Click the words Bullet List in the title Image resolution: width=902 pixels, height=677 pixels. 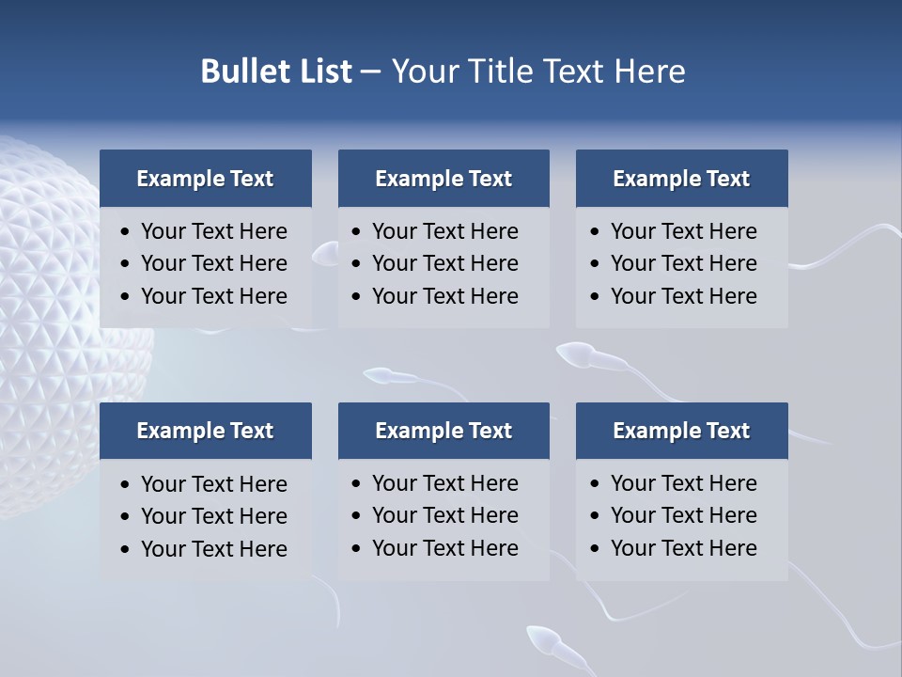(x=276, y=71)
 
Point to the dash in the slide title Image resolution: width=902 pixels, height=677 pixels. (x=370, y=71)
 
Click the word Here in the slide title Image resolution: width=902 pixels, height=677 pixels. (x=649, y=71)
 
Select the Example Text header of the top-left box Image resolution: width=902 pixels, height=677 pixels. (x=205, y=179)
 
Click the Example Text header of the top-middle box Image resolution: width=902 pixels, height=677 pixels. (x=443, y=179)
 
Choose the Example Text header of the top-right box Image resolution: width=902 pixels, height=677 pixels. (x=681, y=179)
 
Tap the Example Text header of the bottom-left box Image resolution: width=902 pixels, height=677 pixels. (x=205, y=431)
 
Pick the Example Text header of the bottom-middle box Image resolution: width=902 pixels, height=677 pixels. (x=443, y=431)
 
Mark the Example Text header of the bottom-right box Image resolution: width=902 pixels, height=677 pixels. (x=681, y=431)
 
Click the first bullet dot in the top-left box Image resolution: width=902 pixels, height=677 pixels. (x=125, y=232)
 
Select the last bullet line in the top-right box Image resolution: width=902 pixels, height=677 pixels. (x=683, y=296)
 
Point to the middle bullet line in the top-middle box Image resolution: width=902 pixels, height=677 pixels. (x=444, y=263)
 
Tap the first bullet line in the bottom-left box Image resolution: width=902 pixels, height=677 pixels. (x=213, y=484)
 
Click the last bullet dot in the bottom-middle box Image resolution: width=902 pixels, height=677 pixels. (x=356, y=548)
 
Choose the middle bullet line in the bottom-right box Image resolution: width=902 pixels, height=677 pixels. (x=683, y=515)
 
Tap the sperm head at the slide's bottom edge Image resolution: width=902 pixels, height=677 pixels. (x=544, y=641)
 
